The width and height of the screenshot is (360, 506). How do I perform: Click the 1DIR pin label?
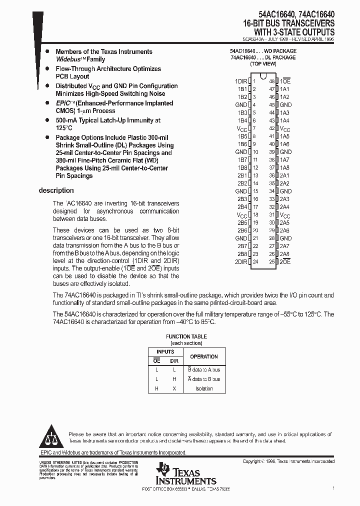[240, 81]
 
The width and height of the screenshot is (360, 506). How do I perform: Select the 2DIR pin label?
[240, 261]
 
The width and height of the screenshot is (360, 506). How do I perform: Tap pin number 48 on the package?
[271, 81]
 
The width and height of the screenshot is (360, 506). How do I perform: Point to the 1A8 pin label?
[284, 167]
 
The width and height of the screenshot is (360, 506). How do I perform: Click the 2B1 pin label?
[242, 175]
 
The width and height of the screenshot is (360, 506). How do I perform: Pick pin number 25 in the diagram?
[271, 261]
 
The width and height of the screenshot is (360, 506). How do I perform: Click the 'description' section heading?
[56, 190]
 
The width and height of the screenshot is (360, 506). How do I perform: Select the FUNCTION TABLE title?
[186, 336]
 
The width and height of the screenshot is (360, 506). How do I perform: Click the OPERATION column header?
[203, 356]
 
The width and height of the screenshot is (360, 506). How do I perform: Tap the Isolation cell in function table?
[203, 388]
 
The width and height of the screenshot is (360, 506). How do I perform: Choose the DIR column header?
[174, 360]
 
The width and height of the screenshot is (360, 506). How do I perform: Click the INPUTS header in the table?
[165, 352]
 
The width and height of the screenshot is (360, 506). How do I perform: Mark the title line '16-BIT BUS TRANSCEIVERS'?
[288, 23]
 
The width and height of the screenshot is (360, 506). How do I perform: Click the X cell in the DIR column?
[174, 388]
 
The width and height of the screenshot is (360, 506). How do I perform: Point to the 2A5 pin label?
[284, 222]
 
